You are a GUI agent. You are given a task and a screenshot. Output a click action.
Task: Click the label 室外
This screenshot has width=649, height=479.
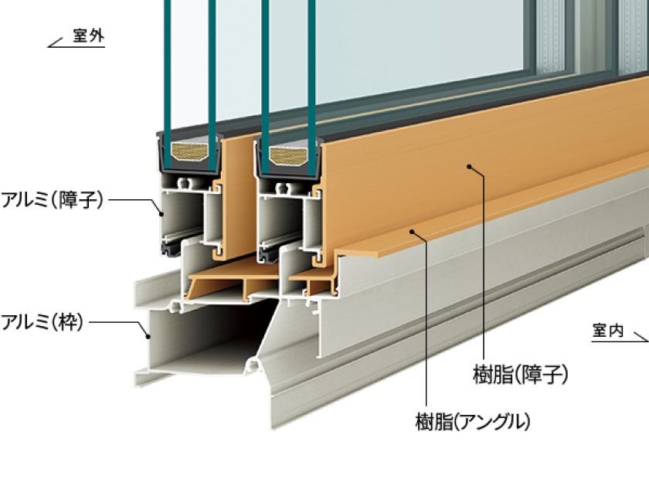[x=88, y=36]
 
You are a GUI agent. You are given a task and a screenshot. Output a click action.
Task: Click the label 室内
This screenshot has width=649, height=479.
[x=608, y=331]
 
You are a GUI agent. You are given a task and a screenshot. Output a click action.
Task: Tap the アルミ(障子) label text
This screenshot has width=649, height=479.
[x=53, y=200]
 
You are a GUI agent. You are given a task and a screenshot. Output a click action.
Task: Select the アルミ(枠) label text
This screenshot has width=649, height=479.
[x=42, y=321]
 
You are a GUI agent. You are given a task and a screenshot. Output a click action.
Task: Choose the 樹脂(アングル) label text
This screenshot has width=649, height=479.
[x=474, y=421]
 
